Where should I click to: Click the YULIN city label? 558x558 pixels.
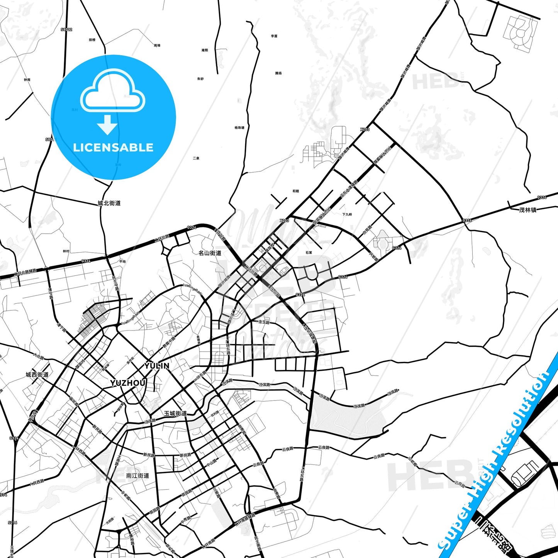157,366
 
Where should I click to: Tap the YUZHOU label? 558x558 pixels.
128,383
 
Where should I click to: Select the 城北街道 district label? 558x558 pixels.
109,203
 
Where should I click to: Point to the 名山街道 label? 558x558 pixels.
210,253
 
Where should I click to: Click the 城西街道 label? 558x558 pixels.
37,375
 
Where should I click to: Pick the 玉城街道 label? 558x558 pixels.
175,413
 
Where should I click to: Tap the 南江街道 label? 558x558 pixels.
137,476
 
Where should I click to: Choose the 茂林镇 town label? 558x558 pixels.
528,210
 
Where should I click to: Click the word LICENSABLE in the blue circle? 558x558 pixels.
113,148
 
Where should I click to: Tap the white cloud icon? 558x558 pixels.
112,91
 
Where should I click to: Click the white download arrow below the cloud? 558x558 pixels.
107,125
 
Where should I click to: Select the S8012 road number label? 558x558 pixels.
66,29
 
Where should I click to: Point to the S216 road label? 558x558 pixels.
13,523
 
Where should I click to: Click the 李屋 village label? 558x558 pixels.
274,36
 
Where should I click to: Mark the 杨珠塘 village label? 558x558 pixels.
239,127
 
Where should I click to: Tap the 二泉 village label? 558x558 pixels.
196,158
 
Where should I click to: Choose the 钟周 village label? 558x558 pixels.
27,80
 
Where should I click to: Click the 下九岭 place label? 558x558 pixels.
347,214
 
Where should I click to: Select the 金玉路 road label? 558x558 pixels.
264,322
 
